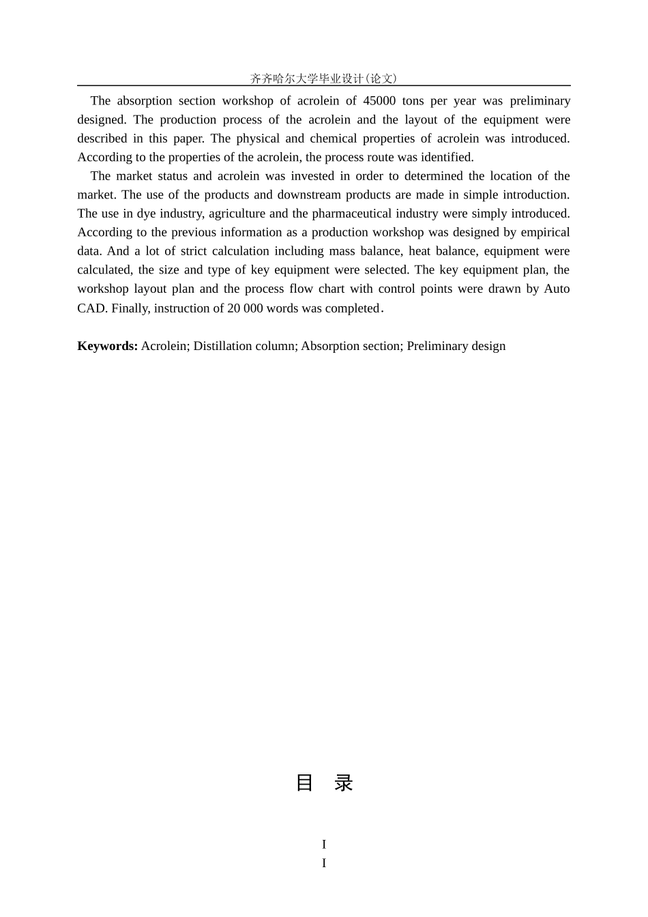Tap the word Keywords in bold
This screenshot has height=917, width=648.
pos(108,346)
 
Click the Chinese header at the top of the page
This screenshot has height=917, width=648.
pos(323,78)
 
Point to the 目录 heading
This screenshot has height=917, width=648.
pos(324,783)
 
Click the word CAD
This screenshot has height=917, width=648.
pos(91,308)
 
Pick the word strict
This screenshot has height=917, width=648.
pos(194,251)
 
